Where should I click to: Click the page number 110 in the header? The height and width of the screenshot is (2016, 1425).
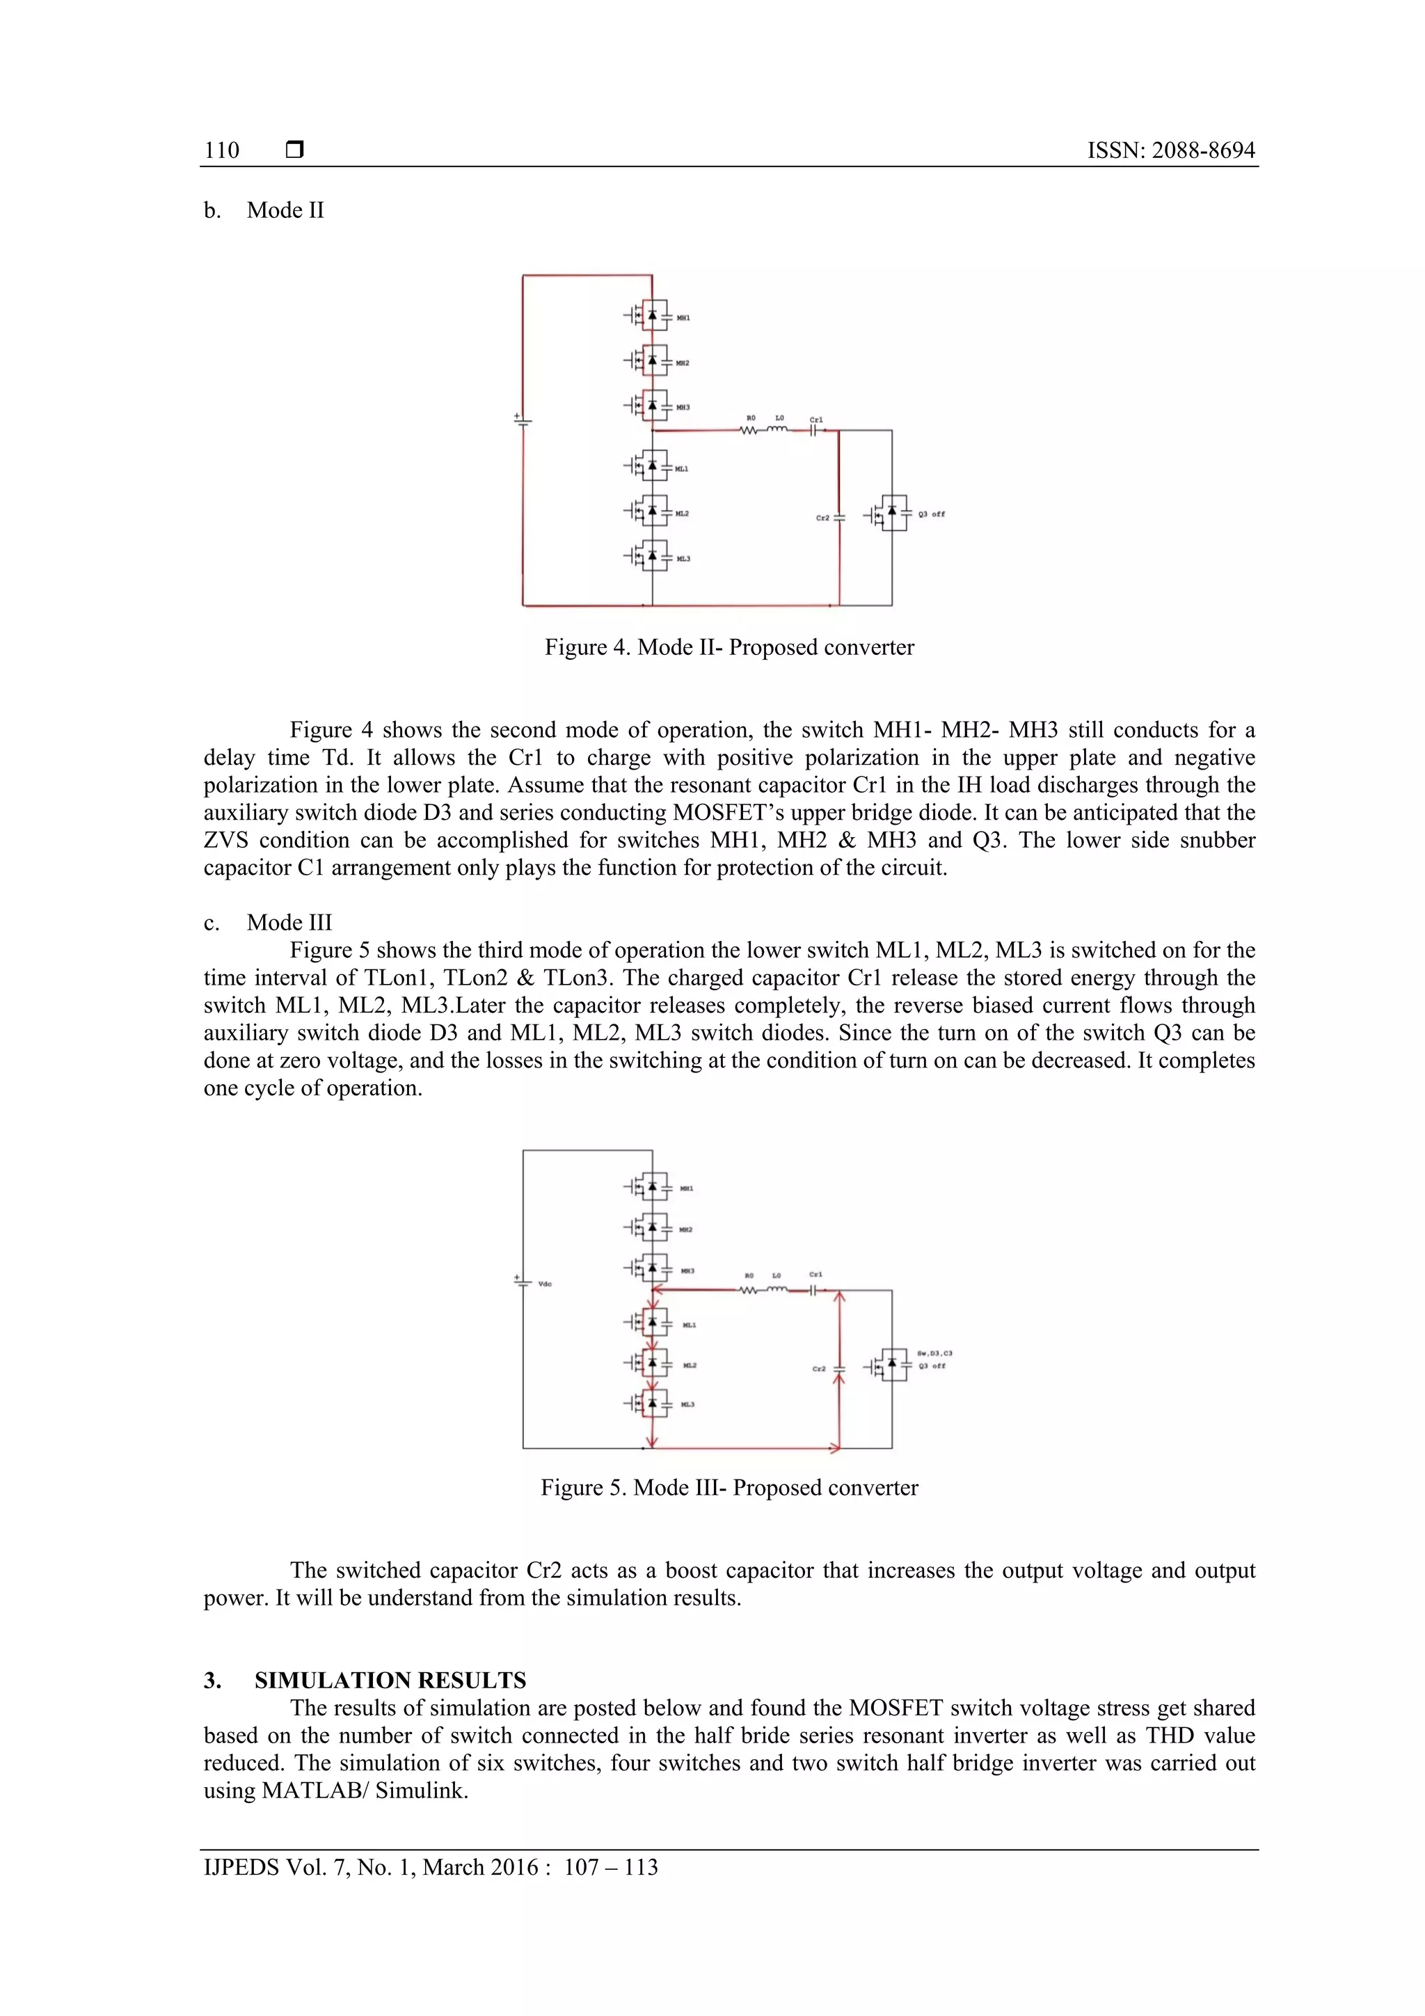point(221,150)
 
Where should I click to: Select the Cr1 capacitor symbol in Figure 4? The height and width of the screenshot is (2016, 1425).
point(815,430)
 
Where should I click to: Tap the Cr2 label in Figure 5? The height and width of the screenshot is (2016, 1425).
point(818,1369)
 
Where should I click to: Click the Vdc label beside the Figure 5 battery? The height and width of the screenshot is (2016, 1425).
point(544,1284)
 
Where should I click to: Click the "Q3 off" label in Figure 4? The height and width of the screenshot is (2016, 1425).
point(932,514)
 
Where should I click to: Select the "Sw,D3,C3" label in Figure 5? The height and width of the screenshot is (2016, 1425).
point(934,1353)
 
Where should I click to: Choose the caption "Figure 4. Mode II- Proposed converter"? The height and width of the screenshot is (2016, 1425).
point(729,647)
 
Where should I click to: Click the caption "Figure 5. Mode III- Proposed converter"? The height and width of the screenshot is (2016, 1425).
point(729,1487)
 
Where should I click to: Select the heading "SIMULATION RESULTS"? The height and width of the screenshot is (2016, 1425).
point(390,1680)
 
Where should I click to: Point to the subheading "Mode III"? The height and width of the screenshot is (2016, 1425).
point(289,922)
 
